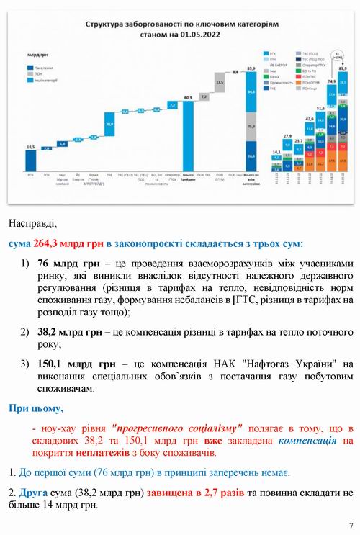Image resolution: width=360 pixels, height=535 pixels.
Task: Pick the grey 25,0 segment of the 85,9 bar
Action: pyautogui.click(x=251, y=127)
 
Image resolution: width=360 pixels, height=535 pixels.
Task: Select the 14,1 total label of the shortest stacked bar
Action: pyautogui.click(x=277, y=152)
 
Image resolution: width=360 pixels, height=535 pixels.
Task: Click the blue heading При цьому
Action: pyautogui.click(x=35, y=408)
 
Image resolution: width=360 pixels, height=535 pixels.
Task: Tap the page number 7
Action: pyautogui.click(x=351, y=525)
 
